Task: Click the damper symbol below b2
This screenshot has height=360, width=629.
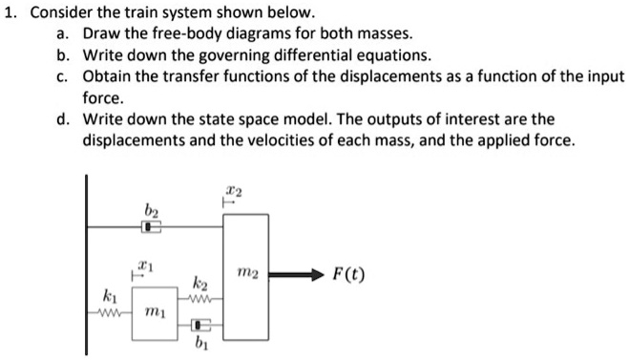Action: [151, 226]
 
